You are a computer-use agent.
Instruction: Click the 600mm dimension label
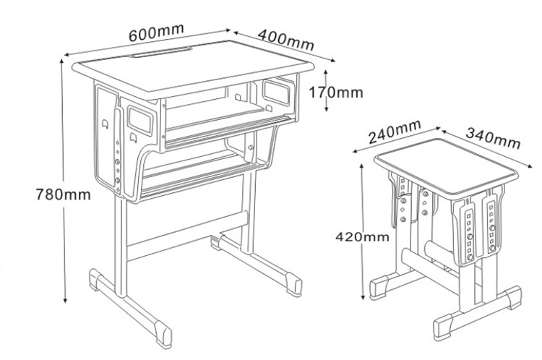pyautogui.click(x=156, y=33)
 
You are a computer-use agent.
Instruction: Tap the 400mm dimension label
pyautogui.click(x=286, y=40)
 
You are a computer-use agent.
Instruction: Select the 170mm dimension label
pyautogui.click(x=336, y=93)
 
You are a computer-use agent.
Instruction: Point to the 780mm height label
pyautogui.click(x=64, y=194)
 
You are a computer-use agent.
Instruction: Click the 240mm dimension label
pyautogui.click(x=395, y=131)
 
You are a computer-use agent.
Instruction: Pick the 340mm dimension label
pyautogui.click(x=493, y=138)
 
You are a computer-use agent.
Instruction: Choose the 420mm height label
pyautogui.click(x=362, y=237)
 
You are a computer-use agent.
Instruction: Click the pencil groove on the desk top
pyautogui.click(x=161, y=52)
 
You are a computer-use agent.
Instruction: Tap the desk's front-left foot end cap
pyautogui.click(x=163, y=333)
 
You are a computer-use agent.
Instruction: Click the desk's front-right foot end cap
pyautogui.click(x=294, y=283)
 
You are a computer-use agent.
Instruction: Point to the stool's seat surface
pyautogui.click(x=447, y=167)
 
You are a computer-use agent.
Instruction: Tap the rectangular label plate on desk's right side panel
pyautogui.click(x=275, y=92)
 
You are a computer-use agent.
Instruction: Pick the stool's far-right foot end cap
pyautogui.click(x=513, y=297)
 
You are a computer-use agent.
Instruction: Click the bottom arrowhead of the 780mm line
pyautogui.click(x=65, y=299)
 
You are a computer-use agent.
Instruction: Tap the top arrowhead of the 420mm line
pyautogui.click(x=362, y=167)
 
